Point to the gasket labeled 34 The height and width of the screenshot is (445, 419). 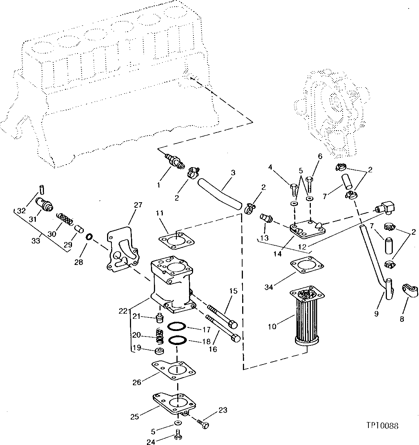coord(307,266)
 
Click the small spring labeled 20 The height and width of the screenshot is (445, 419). coord(158,335)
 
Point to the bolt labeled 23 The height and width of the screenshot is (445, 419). coord(203,424)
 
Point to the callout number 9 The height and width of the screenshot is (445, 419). coord(376,314)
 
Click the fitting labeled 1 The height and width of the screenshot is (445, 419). coord(173,162)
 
